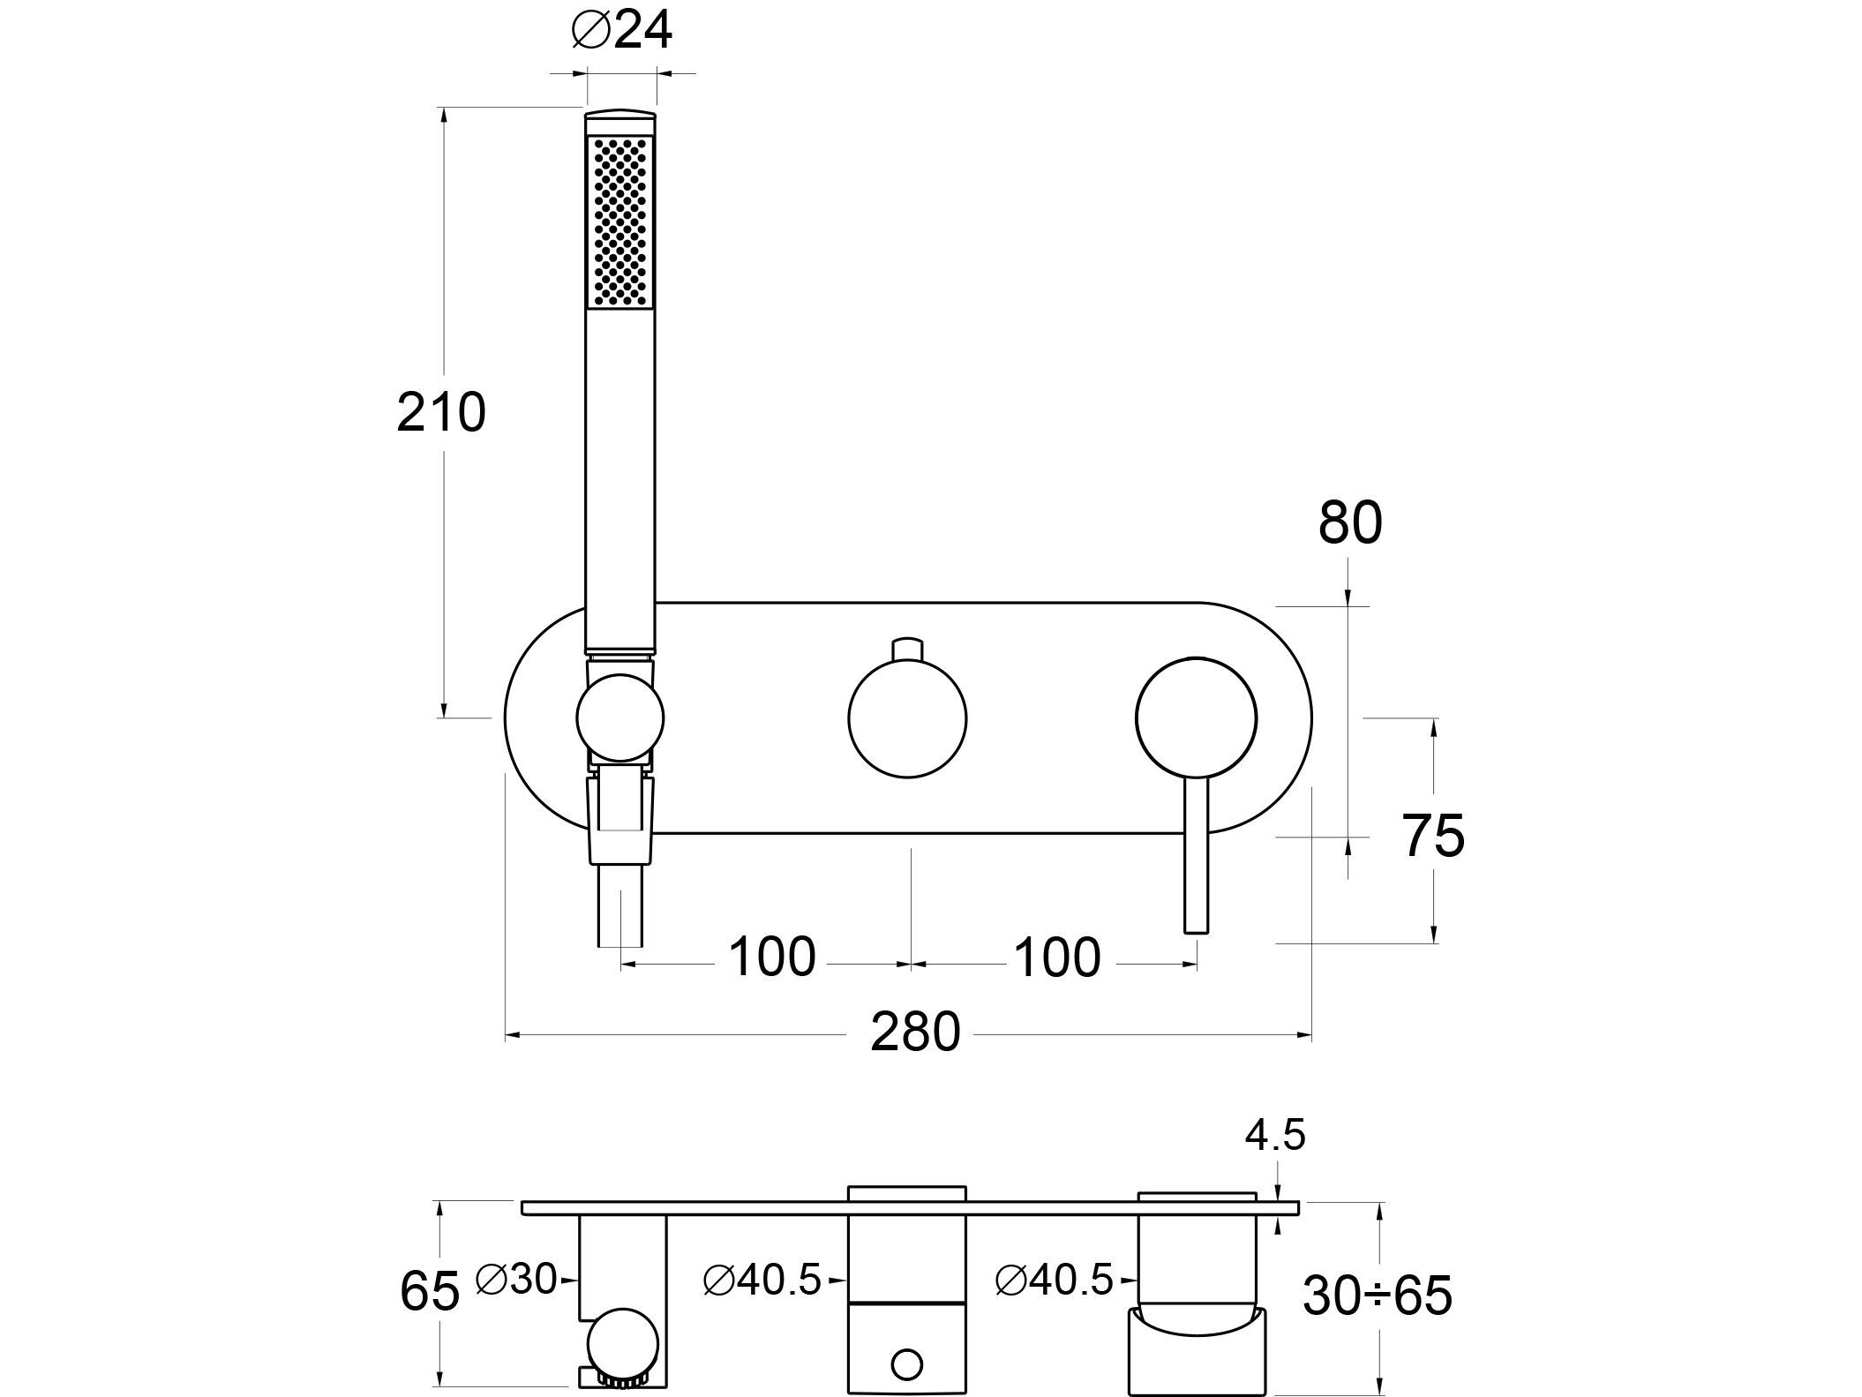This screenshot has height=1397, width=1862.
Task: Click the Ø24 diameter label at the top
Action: (621, 33)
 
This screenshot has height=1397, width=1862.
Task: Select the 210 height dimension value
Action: (441, 412)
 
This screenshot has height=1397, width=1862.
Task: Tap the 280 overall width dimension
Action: (915, 1032)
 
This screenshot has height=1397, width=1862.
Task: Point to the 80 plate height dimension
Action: (1349, 523)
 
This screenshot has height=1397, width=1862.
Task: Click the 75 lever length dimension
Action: (1433, 835)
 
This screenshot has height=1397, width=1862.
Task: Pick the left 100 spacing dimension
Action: (772, 957)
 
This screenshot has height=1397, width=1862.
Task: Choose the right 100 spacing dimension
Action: (1057, 957)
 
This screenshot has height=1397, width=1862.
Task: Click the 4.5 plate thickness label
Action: (1274, 1137)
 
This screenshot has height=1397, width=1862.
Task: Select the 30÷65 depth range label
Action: (1377, 1296)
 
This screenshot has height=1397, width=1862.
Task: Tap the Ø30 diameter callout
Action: (516, 1279)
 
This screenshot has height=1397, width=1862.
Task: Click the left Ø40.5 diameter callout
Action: (762, 1281)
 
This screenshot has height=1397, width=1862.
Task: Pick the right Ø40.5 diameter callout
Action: (1054, 1281)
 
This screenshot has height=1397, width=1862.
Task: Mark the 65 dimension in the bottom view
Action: (430, 1292)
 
